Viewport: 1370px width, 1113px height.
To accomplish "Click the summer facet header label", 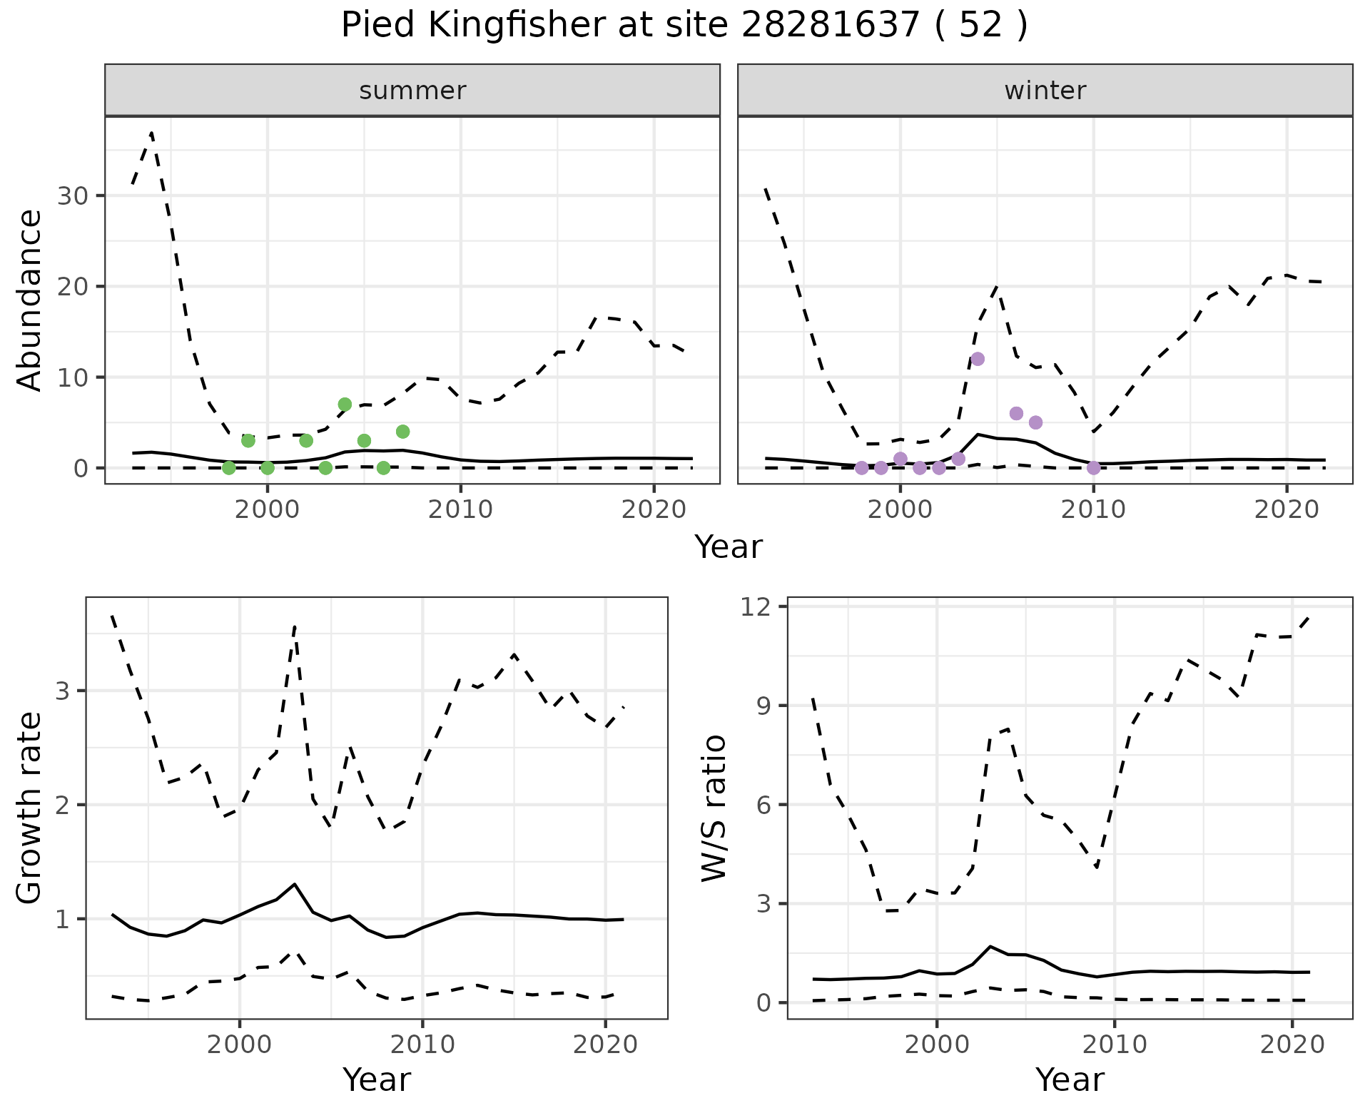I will (412, 91).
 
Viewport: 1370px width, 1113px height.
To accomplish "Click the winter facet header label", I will (1045, 91).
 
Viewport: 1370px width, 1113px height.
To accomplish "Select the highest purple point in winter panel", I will (978, 359).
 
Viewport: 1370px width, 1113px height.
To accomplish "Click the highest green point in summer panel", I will (345, 405).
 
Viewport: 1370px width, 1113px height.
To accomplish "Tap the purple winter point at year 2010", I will (1093, 468).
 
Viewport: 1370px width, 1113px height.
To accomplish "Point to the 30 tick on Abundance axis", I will (71, 196).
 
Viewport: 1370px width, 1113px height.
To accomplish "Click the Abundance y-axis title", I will (30, 300).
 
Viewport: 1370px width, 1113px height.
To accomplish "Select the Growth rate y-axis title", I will (30, 808).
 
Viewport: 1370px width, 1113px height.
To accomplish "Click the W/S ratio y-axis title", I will (714, 808).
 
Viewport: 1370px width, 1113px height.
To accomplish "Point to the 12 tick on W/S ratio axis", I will (765, 607).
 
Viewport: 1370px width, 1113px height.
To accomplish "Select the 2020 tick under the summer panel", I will (654, 509).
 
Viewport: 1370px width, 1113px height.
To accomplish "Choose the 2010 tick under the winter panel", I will (1093, 509).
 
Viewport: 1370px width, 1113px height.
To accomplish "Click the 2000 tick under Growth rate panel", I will (240, 1045).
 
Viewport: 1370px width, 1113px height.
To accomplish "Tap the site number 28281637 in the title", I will (830, 26).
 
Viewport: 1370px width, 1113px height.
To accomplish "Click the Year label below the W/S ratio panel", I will (1070, 1079).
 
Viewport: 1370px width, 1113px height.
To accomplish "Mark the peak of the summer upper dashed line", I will (151, 133).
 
